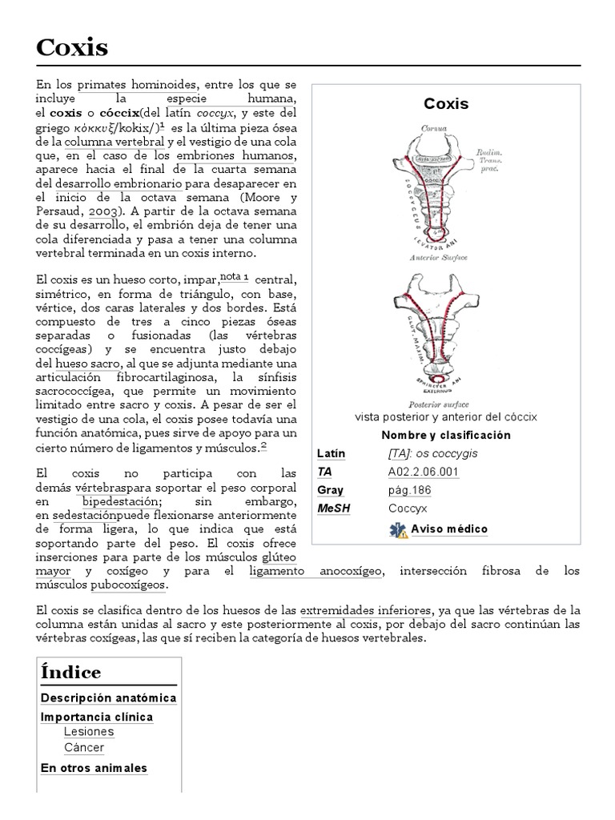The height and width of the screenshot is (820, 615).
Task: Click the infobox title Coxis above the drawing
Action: [446, 104]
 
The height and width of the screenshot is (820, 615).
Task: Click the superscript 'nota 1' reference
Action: [235, 276]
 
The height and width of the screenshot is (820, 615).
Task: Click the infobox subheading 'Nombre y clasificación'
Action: [446, 436]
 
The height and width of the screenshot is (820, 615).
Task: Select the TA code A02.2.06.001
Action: [423, 472]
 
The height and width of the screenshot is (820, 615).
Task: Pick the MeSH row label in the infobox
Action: [334, 508]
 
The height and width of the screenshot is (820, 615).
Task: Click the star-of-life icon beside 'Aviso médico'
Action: [398, 529]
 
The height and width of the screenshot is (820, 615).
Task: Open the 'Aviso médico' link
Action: [449, 529]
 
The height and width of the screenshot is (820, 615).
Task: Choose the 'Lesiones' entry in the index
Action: [89, 732]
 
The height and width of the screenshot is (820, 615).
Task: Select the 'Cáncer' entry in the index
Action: [84, 748]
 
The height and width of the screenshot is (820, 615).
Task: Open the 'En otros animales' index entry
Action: [94, 768]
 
